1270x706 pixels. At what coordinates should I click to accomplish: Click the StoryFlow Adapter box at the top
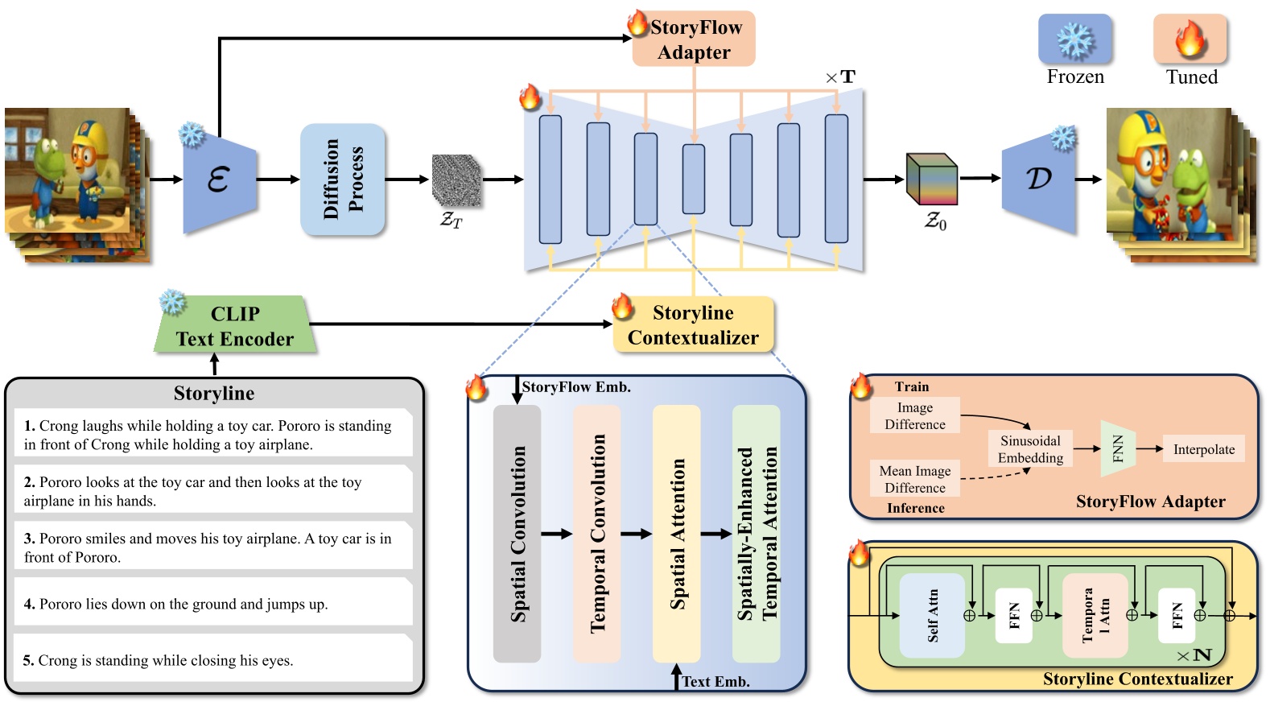point(694,39)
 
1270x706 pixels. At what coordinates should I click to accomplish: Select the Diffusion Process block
point(343,180)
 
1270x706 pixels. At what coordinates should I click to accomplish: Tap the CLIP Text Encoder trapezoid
point(234,326)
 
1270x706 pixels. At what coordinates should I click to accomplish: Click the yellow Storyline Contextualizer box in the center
point(693,325)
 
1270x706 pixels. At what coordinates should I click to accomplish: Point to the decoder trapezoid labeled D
point(1039,180)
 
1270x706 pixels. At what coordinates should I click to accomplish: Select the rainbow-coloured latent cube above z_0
point(932,179)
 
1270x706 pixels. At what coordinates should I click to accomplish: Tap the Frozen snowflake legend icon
point(1074,39)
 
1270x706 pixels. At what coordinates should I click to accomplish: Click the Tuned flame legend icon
point(1190,39)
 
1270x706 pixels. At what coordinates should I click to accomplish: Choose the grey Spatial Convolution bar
point(517,534)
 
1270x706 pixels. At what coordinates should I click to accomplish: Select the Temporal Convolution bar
point(596,534)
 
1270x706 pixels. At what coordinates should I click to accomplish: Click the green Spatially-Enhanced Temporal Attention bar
point(757,534)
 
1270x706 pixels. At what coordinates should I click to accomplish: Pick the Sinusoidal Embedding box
point(1030,449)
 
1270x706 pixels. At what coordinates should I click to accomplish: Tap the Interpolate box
point(1203,449)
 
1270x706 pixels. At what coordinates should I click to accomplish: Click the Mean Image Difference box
point(914,479)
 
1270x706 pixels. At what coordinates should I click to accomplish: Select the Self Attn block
point(932,615)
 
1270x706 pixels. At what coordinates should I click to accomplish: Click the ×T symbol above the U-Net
point(840,77)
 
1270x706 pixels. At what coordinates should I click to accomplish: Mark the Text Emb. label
point(715,681)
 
